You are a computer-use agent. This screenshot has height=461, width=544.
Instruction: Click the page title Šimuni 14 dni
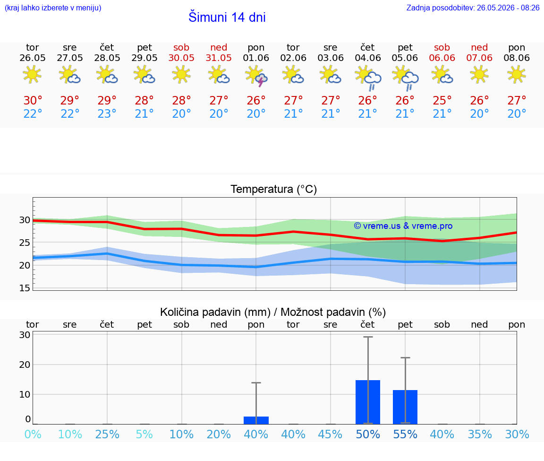pos(227,17)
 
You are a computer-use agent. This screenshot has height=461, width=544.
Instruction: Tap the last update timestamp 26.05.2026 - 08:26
pos(508,8)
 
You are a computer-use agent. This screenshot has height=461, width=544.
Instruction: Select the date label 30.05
pos(181,58)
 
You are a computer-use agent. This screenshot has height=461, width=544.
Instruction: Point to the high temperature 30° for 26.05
pos(33,100)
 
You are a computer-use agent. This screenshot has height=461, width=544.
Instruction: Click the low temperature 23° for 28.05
pos(107,113)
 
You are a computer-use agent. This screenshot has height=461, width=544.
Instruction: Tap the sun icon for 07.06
pos(479,75)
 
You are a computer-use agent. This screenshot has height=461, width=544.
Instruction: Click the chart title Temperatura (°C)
pos(274,189)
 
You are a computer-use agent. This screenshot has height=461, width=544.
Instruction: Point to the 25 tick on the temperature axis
pos(25,243)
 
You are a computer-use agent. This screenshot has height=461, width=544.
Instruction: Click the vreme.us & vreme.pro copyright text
pos(403,226)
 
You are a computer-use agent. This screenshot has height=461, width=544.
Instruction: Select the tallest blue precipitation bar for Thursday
pos(368,402)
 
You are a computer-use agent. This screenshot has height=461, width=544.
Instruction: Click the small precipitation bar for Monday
pos(256,420)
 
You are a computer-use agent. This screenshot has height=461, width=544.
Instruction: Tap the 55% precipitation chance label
pos(405,434)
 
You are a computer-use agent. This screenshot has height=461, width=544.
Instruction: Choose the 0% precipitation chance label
pos(33,434)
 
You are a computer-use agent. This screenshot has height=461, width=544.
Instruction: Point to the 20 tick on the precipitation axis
pos(25,365)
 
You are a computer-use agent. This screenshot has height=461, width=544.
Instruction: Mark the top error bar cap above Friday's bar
pos(405,357)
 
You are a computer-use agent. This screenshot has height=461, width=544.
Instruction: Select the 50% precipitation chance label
pos(368,434)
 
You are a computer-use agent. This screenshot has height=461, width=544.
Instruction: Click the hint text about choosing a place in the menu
pos(53,8)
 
